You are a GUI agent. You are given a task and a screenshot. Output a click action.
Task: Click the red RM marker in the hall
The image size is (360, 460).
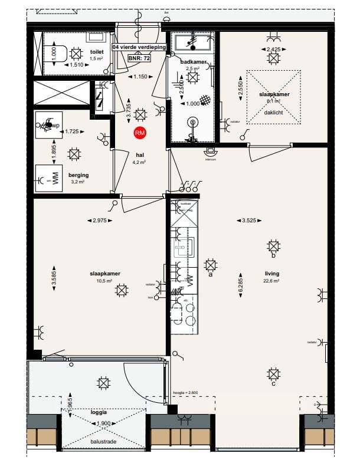(x=140, y=133)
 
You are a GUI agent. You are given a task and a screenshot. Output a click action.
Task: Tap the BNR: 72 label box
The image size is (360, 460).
(x=139, y=59)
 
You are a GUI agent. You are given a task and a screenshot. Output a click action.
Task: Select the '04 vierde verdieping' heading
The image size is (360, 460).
(x=139, y=47)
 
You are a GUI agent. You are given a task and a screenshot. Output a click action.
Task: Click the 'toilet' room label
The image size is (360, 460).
(x=97, y=52)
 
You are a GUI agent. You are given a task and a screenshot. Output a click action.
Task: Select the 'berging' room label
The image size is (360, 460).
(x=78, y=175)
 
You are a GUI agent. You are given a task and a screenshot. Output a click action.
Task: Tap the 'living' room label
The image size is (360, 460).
(x=272, y=274)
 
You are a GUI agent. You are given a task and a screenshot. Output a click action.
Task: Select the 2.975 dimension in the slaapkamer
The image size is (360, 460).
(x=102, y=221)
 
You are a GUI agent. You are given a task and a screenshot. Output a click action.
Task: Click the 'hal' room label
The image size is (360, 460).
(x=140, y=155)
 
